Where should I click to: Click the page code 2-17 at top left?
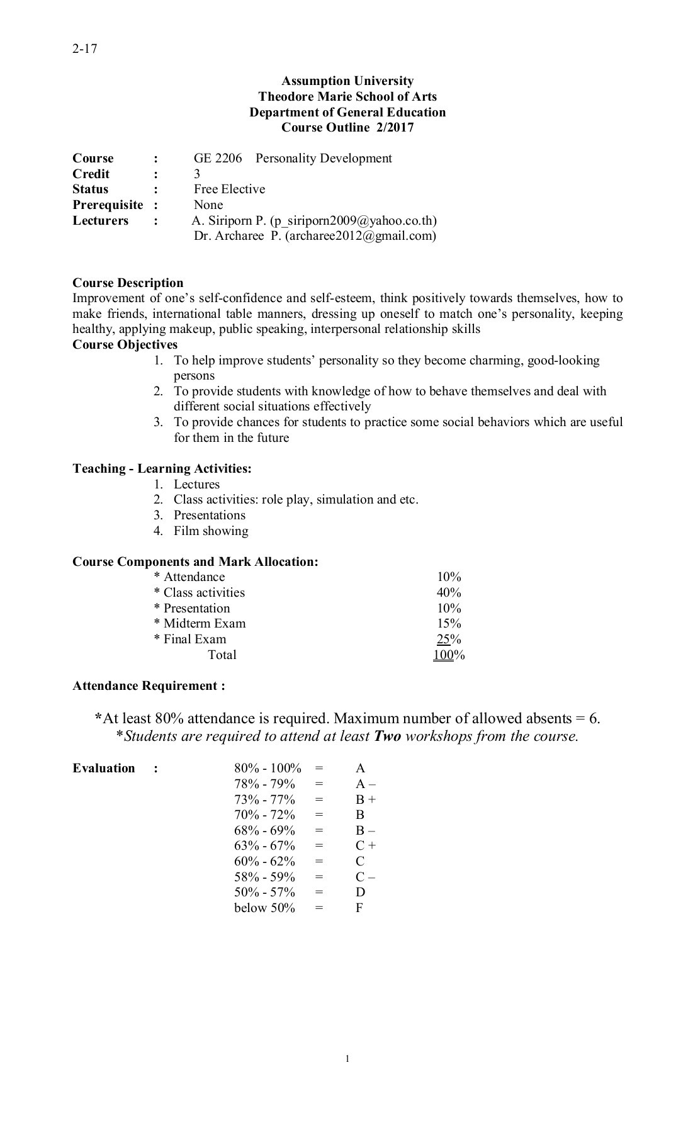click(84, 48)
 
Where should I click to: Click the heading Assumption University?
click(347, 81)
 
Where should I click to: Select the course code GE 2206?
click(217, 158)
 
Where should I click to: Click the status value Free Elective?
click(229, 189)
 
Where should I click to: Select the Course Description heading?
click(128, 283)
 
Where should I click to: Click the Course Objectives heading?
click(125, 344)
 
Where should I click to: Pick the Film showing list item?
click(211, 531)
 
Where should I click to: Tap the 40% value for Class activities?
click(449, 592)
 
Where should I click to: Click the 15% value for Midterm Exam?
click(449, 623)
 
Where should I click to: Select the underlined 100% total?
click(448, 655)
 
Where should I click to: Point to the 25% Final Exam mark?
click(449, 639)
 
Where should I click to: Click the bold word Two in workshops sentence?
click(387, 736)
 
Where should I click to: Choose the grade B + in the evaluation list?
click(365, 799)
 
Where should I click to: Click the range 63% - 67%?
click(264, 845)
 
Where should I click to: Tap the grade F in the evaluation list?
click(359, 908)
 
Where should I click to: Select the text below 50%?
click(264, 908)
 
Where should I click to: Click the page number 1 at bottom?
click(347, 1059)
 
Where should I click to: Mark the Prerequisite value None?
click(208, 205)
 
